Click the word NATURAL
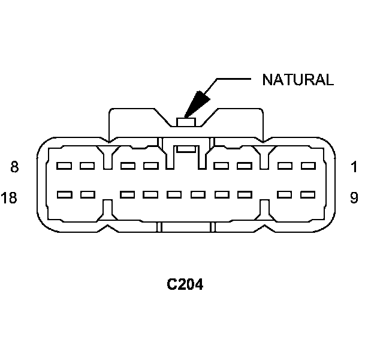[x=297, y=80]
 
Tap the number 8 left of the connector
[x=15, y=167]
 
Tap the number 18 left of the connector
[x=10, y=198]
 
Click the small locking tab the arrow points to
[x=186, y=122]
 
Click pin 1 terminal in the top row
[x=308, y=166]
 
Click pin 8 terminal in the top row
[x=64, y=166]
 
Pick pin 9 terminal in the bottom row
[x=308, y=194]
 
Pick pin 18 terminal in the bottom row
[x=64, y=194]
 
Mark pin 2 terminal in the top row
[x=285, y=166]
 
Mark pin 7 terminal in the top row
[x=88, y=166]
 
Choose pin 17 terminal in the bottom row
[x=88, y=194]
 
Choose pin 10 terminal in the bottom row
[x=285, y=194]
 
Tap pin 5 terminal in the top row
[x=150, y=166]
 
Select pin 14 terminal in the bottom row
[x=174, y=194]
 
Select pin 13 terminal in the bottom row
[x=197, y=194]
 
